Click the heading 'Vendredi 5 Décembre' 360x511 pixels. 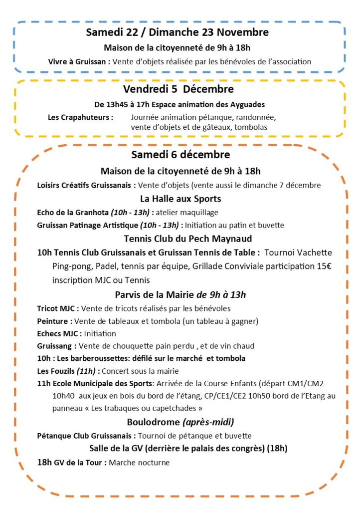[179, 90]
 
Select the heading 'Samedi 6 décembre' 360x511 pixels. [180, 155]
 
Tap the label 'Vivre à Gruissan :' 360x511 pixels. [79, 62]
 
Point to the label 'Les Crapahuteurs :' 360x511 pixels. [80, 118]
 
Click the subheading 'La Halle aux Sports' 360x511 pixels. [180, 199]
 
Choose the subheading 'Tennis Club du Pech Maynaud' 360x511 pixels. [180, 239]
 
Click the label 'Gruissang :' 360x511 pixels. [57, 346]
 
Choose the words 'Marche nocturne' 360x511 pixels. [139, 463]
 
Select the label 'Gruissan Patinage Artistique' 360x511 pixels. [88, 225]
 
